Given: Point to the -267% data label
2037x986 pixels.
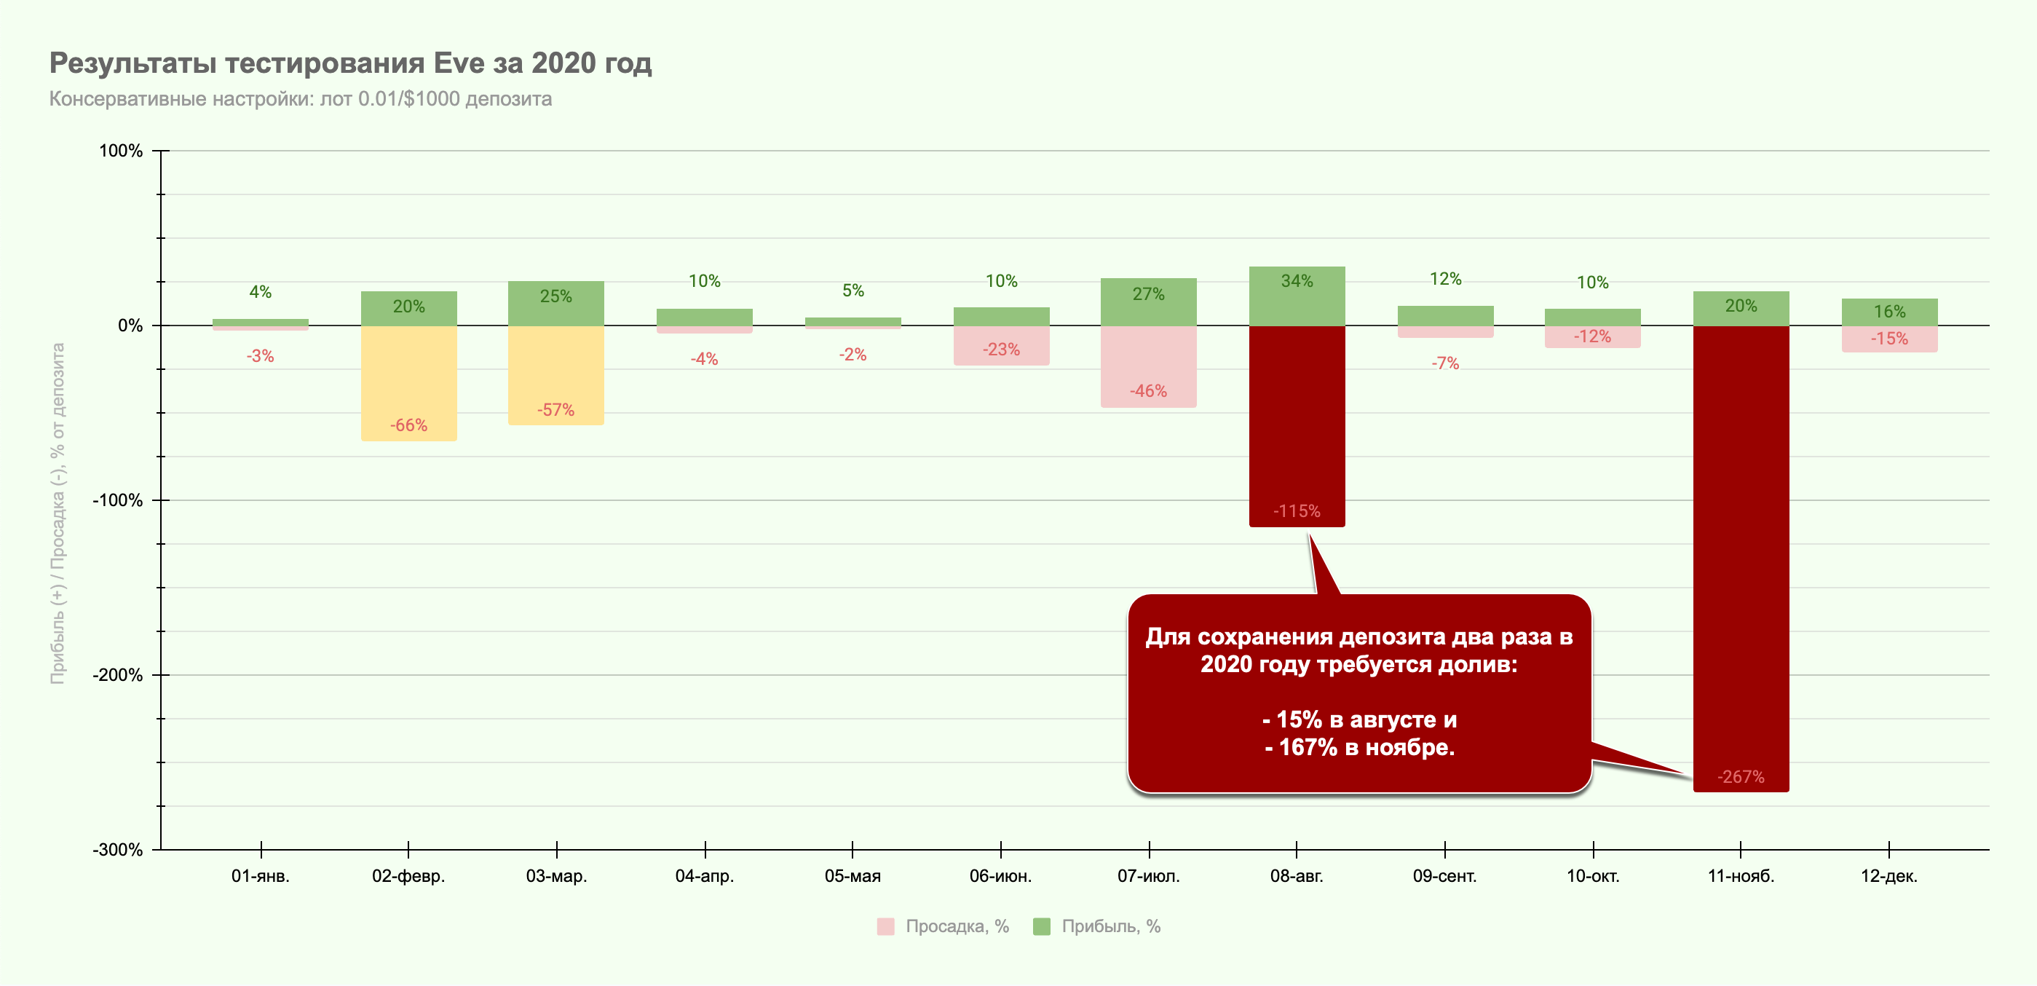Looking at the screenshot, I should (1741, 776).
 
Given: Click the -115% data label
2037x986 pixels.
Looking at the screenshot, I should (1297, 510).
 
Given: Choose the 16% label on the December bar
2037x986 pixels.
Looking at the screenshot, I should (1889, 312).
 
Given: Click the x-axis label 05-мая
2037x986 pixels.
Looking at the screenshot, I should (853, 876).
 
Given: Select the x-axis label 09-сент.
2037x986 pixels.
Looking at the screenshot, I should (1444, 876).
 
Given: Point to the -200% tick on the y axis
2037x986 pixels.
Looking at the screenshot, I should (118, 675).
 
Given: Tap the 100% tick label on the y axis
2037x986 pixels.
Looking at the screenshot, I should (120, 151).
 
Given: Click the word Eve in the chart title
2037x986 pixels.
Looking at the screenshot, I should (459, 63).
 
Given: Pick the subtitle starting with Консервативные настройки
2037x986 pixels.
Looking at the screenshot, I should (301, 99).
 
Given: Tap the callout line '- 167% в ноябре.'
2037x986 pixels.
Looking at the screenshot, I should (1359, 747).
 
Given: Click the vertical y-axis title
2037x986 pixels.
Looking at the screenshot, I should (58, 514).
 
